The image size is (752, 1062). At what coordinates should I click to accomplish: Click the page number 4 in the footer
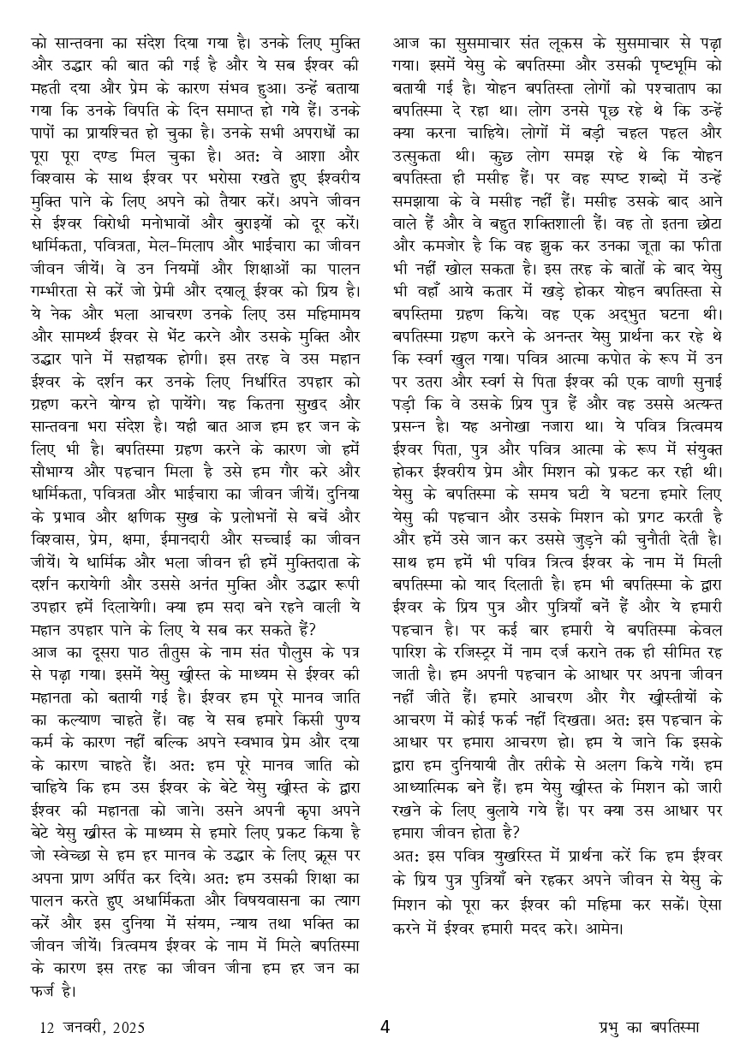[385, 1027]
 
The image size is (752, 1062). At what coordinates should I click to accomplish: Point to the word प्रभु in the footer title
[611, 1027]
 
